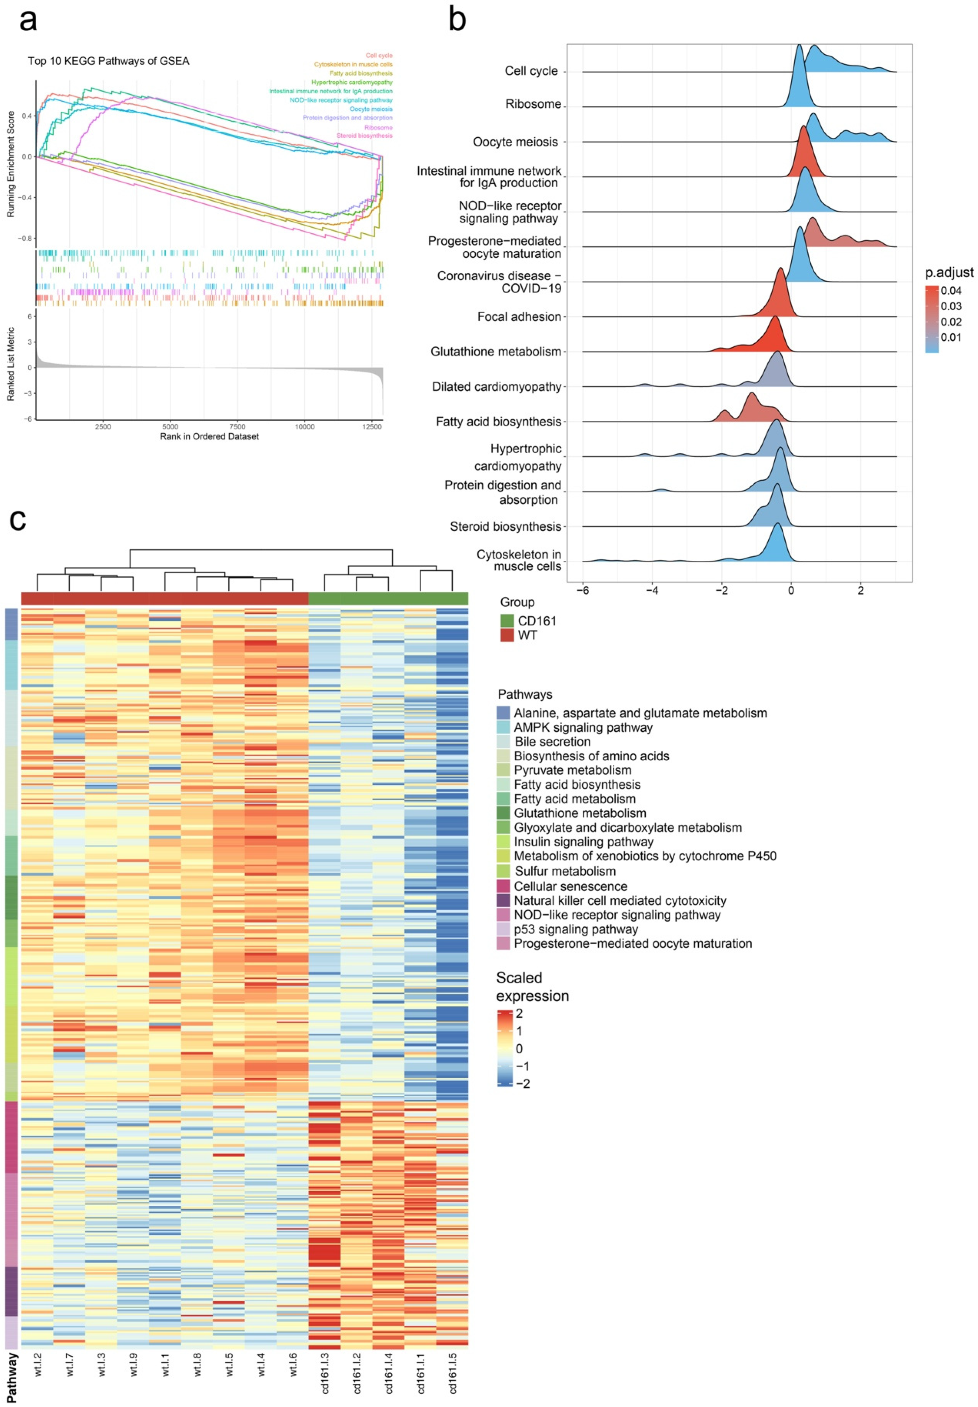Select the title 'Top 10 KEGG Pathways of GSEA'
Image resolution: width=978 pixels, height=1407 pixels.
click(x=109, y=61)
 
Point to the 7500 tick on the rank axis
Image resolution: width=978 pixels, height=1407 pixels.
click(x=237, y=426)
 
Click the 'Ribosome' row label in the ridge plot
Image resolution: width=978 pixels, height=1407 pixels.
click(x=532, y=104)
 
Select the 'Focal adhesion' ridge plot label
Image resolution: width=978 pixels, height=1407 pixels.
click(x=519, y=317)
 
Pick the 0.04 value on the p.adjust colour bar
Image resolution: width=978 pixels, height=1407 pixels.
click(x=951, y=291)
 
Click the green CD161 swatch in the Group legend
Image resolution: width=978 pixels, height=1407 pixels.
click(x=507, y=621)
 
